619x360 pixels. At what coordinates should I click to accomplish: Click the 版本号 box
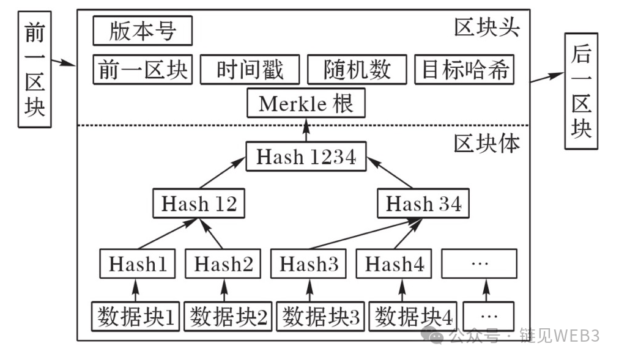(143, 31)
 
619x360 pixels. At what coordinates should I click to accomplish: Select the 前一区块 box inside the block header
(143, 70)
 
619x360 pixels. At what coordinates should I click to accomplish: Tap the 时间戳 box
(250, 70)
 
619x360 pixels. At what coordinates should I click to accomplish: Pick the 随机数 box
(357, 70)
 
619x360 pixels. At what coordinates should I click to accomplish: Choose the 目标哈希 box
(464, 70)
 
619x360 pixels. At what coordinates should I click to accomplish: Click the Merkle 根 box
(306, 103)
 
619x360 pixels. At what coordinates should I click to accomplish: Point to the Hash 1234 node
(306, 156)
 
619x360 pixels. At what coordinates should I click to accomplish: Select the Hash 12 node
(198, 204)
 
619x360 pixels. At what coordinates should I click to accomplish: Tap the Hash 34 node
(423, 204)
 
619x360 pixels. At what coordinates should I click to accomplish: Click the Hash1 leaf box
(137, 264)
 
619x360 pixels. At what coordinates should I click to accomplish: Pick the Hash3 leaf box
(308, 264)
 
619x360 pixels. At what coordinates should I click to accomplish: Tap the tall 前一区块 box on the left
(35, 73)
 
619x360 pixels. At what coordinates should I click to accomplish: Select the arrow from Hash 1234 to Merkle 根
(306, 130)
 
